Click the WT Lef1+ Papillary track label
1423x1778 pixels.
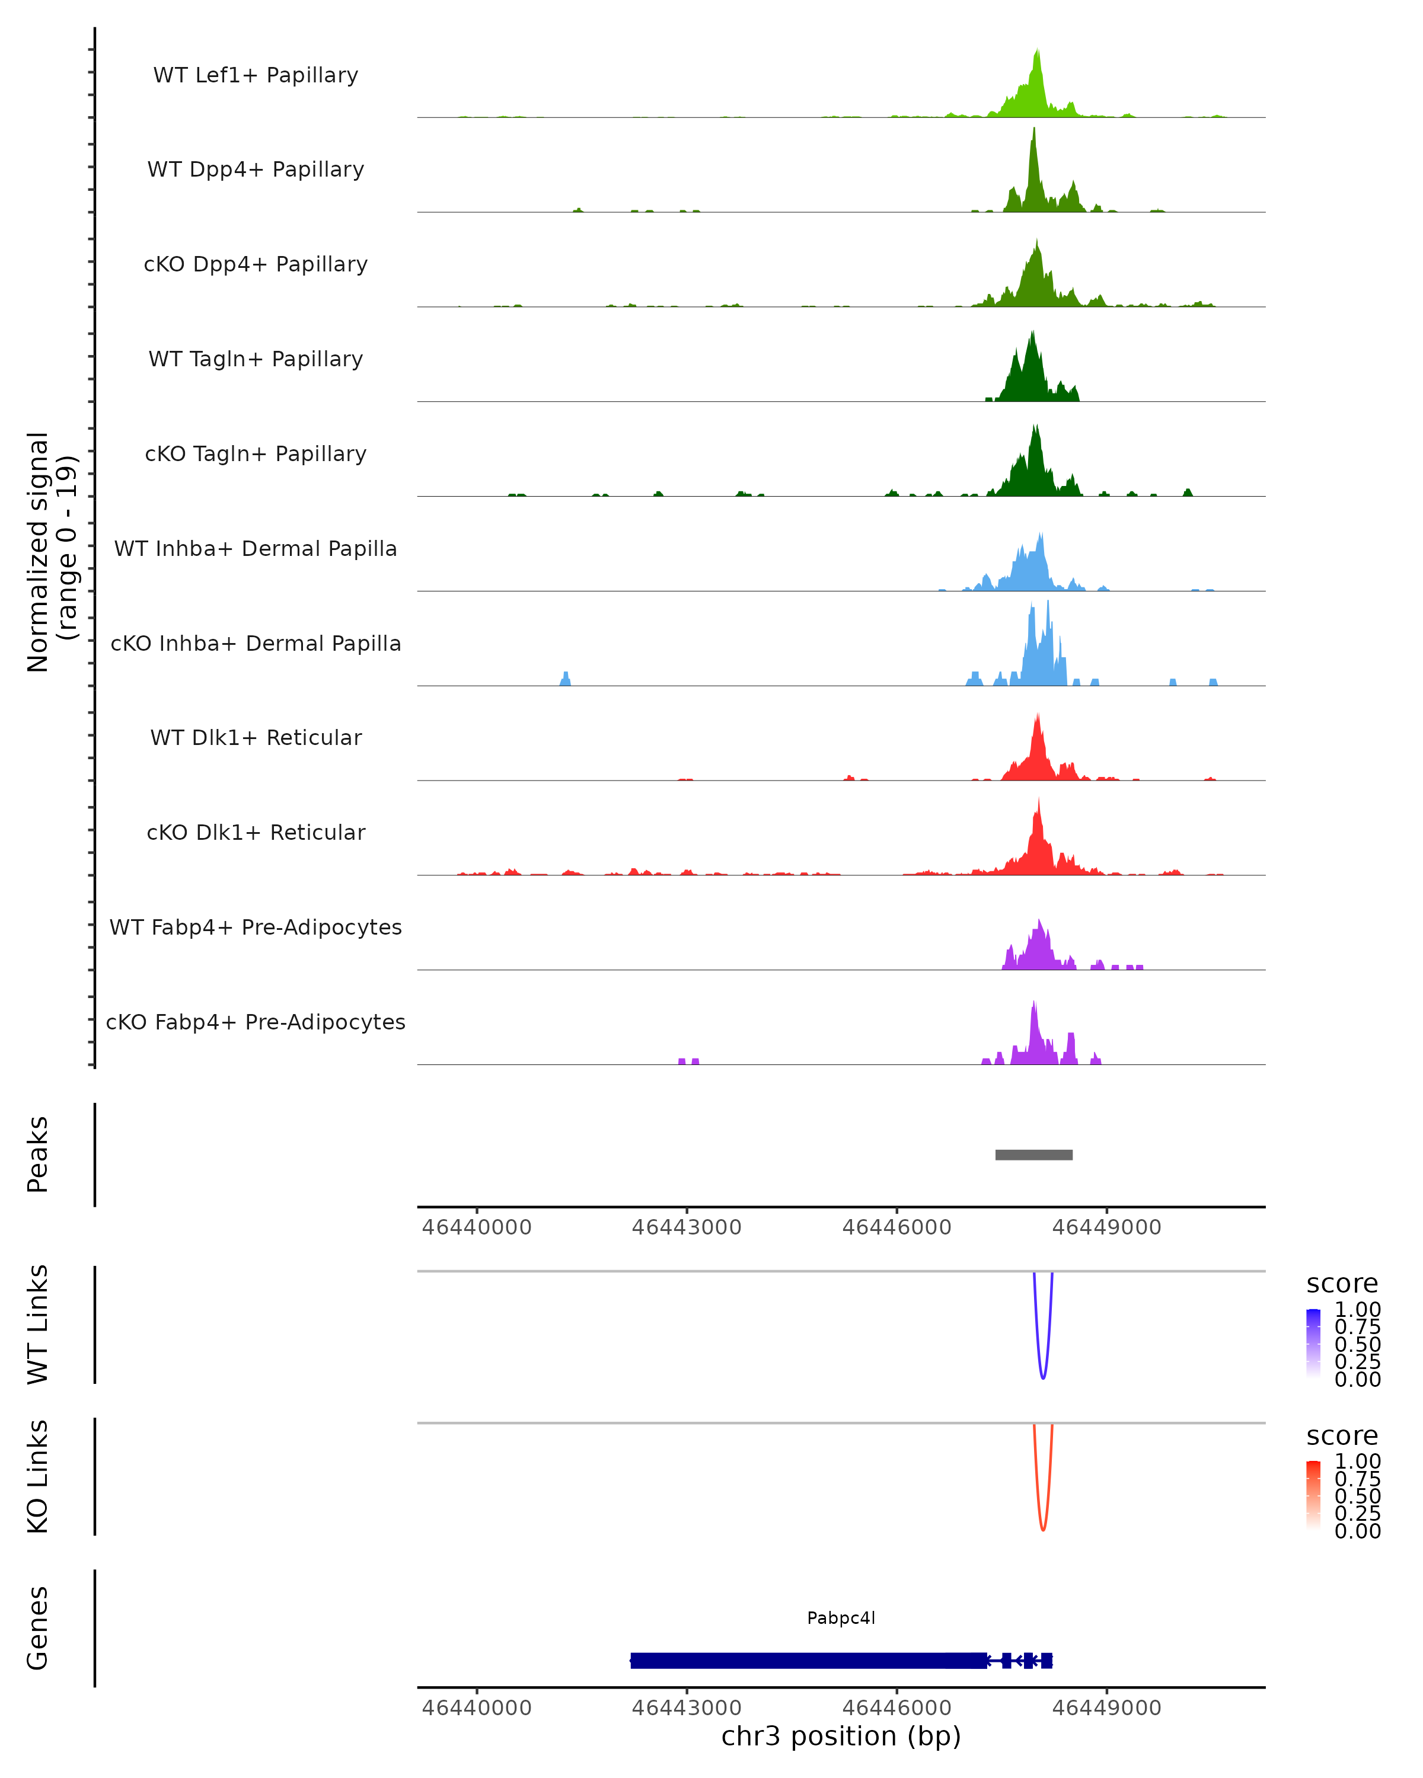[256, 75]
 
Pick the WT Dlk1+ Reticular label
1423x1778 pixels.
[256, 737]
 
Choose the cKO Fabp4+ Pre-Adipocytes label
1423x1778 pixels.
[256, 1022]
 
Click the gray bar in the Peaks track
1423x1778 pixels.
[1033, 1155]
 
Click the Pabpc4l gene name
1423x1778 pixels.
[841, 1617]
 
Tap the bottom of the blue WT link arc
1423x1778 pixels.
[1043, 1377]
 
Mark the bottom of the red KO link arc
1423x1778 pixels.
[1043, 1530]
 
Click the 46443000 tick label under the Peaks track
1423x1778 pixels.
[687, 1227]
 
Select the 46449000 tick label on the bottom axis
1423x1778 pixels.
[1106, 1708]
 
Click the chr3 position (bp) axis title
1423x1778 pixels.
[841, 1737]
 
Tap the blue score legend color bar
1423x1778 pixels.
[1313, 1342]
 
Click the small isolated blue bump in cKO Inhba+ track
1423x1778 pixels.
[565, 679]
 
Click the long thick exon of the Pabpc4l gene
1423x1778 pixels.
[808, 1660]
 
